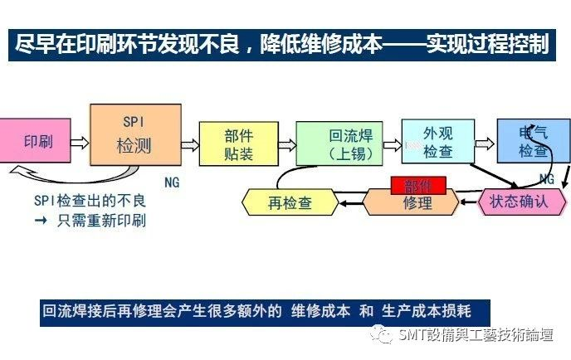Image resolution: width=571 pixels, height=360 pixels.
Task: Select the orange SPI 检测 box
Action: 134,136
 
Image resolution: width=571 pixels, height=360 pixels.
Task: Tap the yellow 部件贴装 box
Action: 237,144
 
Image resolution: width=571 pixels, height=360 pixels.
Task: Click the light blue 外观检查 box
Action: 437,142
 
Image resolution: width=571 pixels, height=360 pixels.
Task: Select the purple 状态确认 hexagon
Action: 517,200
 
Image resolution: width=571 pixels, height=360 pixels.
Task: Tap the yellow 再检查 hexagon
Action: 289,202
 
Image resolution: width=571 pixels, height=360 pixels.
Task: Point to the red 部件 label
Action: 418,184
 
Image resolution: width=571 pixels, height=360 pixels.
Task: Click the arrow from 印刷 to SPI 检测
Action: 80,143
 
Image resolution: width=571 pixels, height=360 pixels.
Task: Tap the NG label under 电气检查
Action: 546,179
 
